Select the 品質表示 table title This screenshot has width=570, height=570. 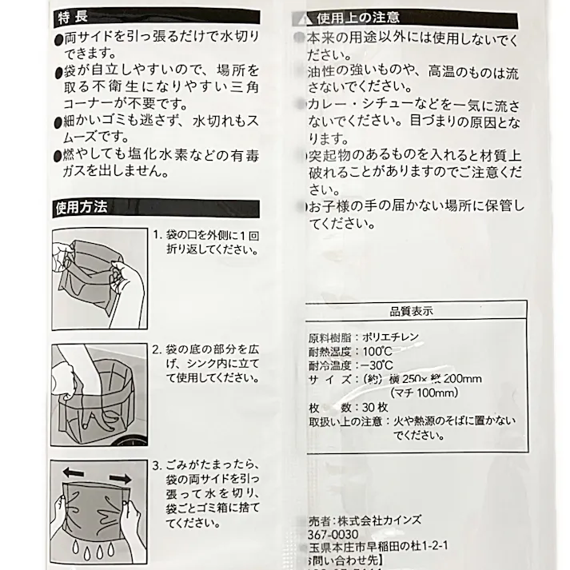412,311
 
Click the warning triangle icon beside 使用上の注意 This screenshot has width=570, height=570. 301,18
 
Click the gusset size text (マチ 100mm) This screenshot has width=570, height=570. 424,393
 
